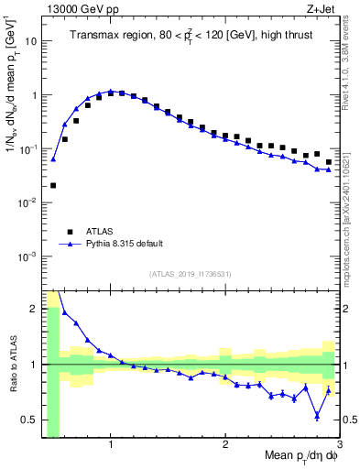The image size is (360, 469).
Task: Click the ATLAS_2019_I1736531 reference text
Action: (191, 273)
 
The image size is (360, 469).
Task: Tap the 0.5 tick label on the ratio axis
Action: (28, 420)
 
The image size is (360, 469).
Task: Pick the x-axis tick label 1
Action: (111, 445)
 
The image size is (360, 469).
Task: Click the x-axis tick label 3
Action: (339, 445)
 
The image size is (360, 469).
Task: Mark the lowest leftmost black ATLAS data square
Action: (53, 185)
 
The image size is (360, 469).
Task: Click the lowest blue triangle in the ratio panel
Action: (317, 416)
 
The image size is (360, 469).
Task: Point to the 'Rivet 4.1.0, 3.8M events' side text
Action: (352, 64)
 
